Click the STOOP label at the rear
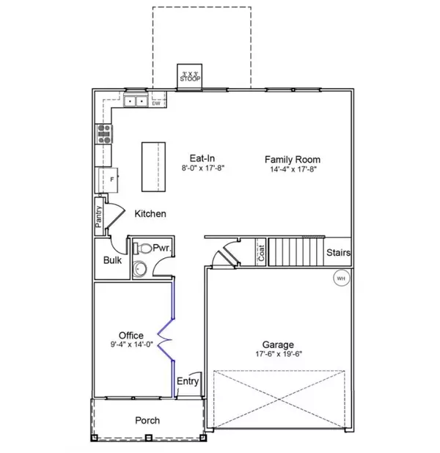(191, 75)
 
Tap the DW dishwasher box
(156, 103)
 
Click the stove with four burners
(103, 133)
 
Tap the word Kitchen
(150, 214)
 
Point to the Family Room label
(293, 159)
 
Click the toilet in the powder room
(144, 248)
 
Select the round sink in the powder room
(139, 269)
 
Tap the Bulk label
(112, 260)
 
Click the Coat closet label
(260, 252)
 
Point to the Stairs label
(338, 253)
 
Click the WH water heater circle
(341, 278)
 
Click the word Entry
(188, 380)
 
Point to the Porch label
(147, 421)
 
